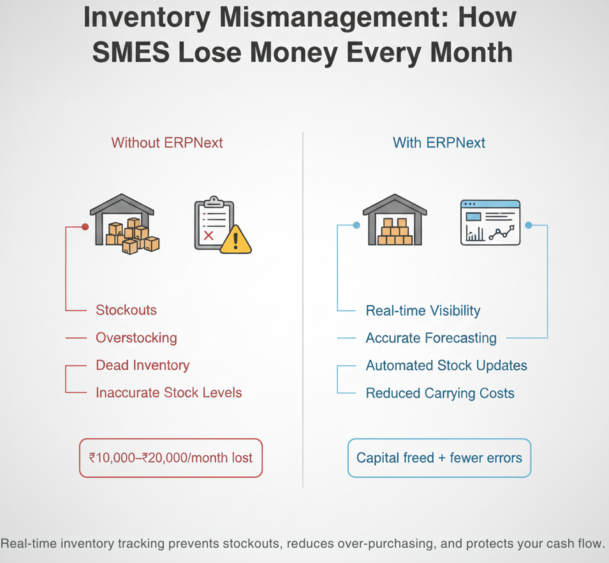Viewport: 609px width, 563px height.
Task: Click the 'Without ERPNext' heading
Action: click(x=167, y=143)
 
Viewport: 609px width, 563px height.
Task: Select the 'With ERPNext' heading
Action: click(x=439, y=143)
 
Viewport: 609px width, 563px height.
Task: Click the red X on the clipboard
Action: click(x=208, y=235)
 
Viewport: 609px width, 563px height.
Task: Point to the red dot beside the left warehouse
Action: click(x=85, y=226)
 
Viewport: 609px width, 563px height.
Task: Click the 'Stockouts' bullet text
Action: click(x=126, y=311)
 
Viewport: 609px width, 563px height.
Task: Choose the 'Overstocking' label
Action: click(x=136, y=338)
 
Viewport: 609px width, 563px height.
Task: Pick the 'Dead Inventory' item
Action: click(x=142, y=365)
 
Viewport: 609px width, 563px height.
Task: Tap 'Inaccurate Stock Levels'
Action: click(x=169, y=393)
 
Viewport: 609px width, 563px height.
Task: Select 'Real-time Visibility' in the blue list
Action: click(x=423, y=311)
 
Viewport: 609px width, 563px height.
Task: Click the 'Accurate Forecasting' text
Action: click(x=431, y=338)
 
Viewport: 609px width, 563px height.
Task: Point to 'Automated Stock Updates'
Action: click(x=446, y=366)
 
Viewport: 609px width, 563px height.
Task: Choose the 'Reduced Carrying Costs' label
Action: click(x=440, y=393)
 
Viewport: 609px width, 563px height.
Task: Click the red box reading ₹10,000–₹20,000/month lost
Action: click(x=171, y=458)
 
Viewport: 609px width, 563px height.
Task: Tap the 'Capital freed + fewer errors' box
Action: click(x=439, y=458)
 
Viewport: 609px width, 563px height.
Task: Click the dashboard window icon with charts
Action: click(x=490, y=223)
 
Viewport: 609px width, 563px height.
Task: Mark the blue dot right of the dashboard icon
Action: click(x=528, y=225)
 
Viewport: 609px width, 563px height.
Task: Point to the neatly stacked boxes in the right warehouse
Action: click(x=395, y=232)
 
